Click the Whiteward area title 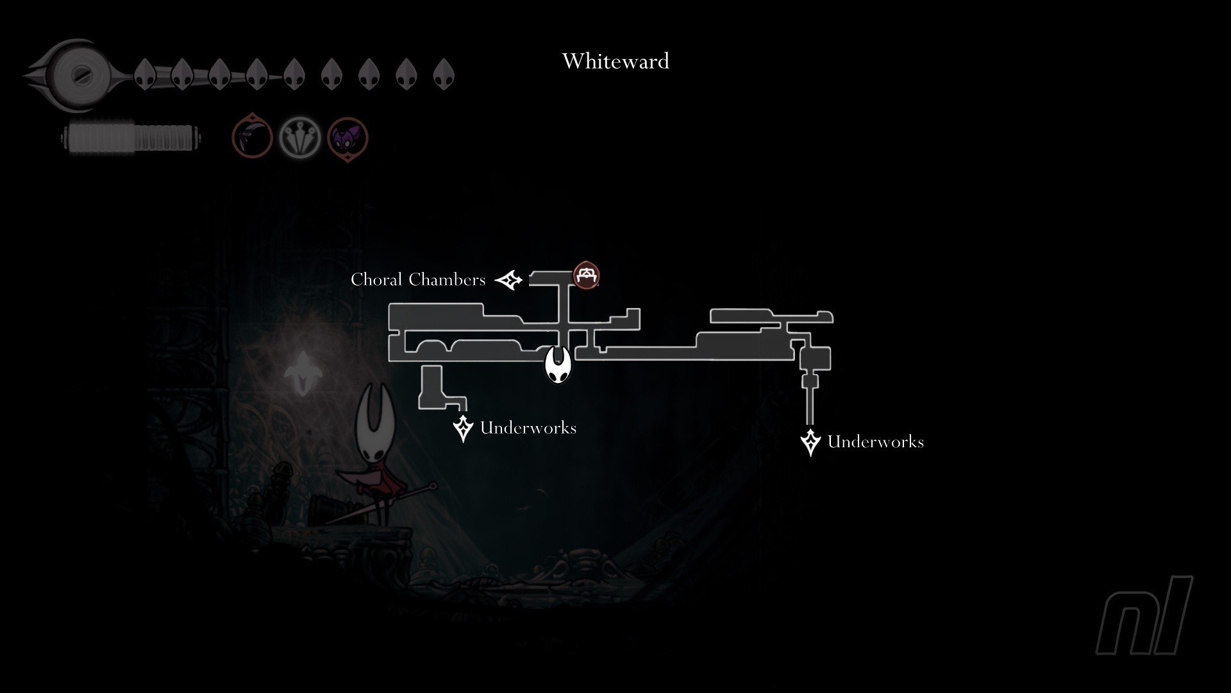[x=615, y=61]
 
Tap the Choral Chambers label [x=418, y=280]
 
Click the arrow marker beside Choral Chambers [x=509, y=280]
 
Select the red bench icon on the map [x=586, y=275]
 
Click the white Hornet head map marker [x=558, y=364]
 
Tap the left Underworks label [x=528, y=428]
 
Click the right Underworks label [x=875, y=441]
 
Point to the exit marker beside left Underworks [x=463, y=428]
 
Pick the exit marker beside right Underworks [x=810, y=442]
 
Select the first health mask [x=146, y=74]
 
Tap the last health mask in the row [x=444, y=74]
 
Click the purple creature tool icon [x=348, y=138]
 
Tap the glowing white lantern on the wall [x=300, y=372]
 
